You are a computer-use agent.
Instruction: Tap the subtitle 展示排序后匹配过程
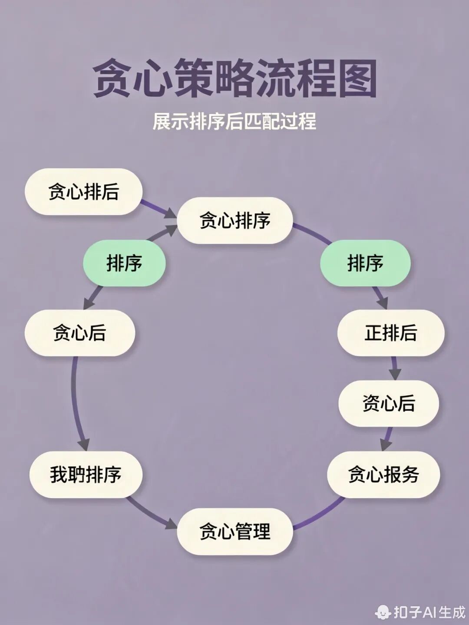click(x=234, y=121)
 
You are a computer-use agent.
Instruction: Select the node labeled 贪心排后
click(x=83, y=192)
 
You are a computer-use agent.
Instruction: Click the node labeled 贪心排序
click(x=234, y=220)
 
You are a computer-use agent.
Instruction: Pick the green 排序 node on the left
click(x=124, y=263)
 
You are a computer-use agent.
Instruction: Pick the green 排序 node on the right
click(x=365, y=263)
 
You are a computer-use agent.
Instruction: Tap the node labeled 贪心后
click(x=79, y=333)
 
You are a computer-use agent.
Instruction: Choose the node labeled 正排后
click(x=391, y=333)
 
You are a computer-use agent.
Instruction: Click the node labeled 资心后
click(x=389, y=403)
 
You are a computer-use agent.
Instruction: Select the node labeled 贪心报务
click(x=383, y=474)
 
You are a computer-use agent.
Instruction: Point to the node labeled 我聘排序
click(x=86, y=474)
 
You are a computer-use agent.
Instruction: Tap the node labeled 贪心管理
click(x=234, y=531)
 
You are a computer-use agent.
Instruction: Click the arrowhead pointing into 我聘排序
click(x=84, y=445)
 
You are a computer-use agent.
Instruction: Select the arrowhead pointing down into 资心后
click(x=395, y=374)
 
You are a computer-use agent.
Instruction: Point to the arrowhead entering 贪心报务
click(x=386, y=444)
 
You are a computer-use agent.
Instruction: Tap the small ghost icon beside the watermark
click(x=383, y=612)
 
